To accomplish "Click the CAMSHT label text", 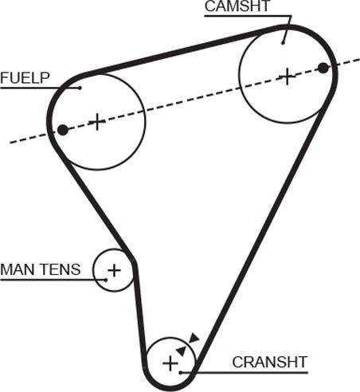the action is pyautogui.click(x=237, y=6).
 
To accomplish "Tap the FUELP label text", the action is pyautogui.click(x=25, y=78).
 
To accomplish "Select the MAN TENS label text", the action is pyautogui.click(x=41, y=269).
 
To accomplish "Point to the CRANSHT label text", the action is pyautogui.click(x=270, y=362).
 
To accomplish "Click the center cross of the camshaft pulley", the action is pyautogui.click(x=287, y=76).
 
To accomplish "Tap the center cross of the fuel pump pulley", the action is pyautogui.click(x=97, y=122).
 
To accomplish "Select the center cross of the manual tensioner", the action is pyautogui.click(x=114, y=270).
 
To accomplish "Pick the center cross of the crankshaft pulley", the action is pyautogui.click(x=170, y=363).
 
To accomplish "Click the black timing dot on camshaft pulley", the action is pyautogui.click(x=323, y=68).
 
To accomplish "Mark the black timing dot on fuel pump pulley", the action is pyautogui.click(x=63, y=130).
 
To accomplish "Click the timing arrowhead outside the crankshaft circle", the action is pyautogui.click(x=194, y=338).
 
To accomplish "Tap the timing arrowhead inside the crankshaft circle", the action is pyautogui.click(x=182, y=351).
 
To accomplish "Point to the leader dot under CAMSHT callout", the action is pyautogui.click(x=283, y=43).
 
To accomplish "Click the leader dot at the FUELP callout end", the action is pyautogui.click(x=80, y=88).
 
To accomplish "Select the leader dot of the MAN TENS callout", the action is pyautogui.click(x=106, y=280).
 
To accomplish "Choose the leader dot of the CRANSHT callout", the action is pyautogui.click(x=180, y=373).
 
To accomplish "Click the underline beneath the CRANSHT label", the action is pyautogui.click(x=244, y=373).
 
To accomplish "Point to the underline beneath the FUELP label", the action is pyautogui.click(x=40, y=88).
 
